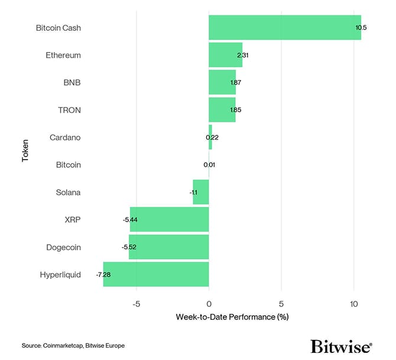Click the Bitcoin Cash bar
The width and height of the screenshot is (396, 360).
point(284,28)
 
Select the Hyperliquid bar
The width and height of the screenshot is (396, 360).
point(155,274)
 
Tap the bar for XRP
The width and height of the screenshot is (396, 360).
point(169,219)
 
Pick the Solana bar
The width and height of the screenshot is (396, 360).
point(201,192)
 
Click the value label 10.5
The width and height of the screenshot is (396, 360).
point(361,28)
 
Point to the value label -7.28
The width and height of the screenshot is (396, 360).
point(104,274)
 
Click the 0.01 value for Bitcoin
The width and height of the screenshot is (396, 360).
point(209,165)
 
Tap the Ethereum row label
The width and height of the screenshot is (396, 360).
point(63,56)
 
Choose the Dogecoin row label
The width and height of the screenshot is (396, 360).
point(63,247)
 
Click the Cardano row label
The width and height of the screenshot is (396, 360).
point(65,137)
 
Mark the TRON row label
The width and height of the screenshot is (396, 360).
point(69,110)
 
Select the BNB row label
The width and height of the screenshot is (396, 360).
point(72,83)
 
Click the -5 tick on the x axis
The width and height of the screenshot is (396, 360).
point(136,304)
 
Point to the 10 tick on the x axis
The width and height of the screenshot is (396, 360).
point(353,304)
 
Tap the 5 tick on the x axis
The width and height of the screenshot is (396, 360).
point(281,304)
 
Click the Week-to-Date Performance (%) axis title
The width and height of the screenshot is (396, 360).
point(232,317)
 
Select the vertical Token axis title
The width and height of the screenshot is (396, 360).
point(25,151)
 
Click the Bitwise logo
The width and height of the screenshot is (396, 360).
point(341,346)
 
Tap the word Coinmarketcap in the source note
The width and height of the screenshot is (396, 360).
point(62,345)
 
